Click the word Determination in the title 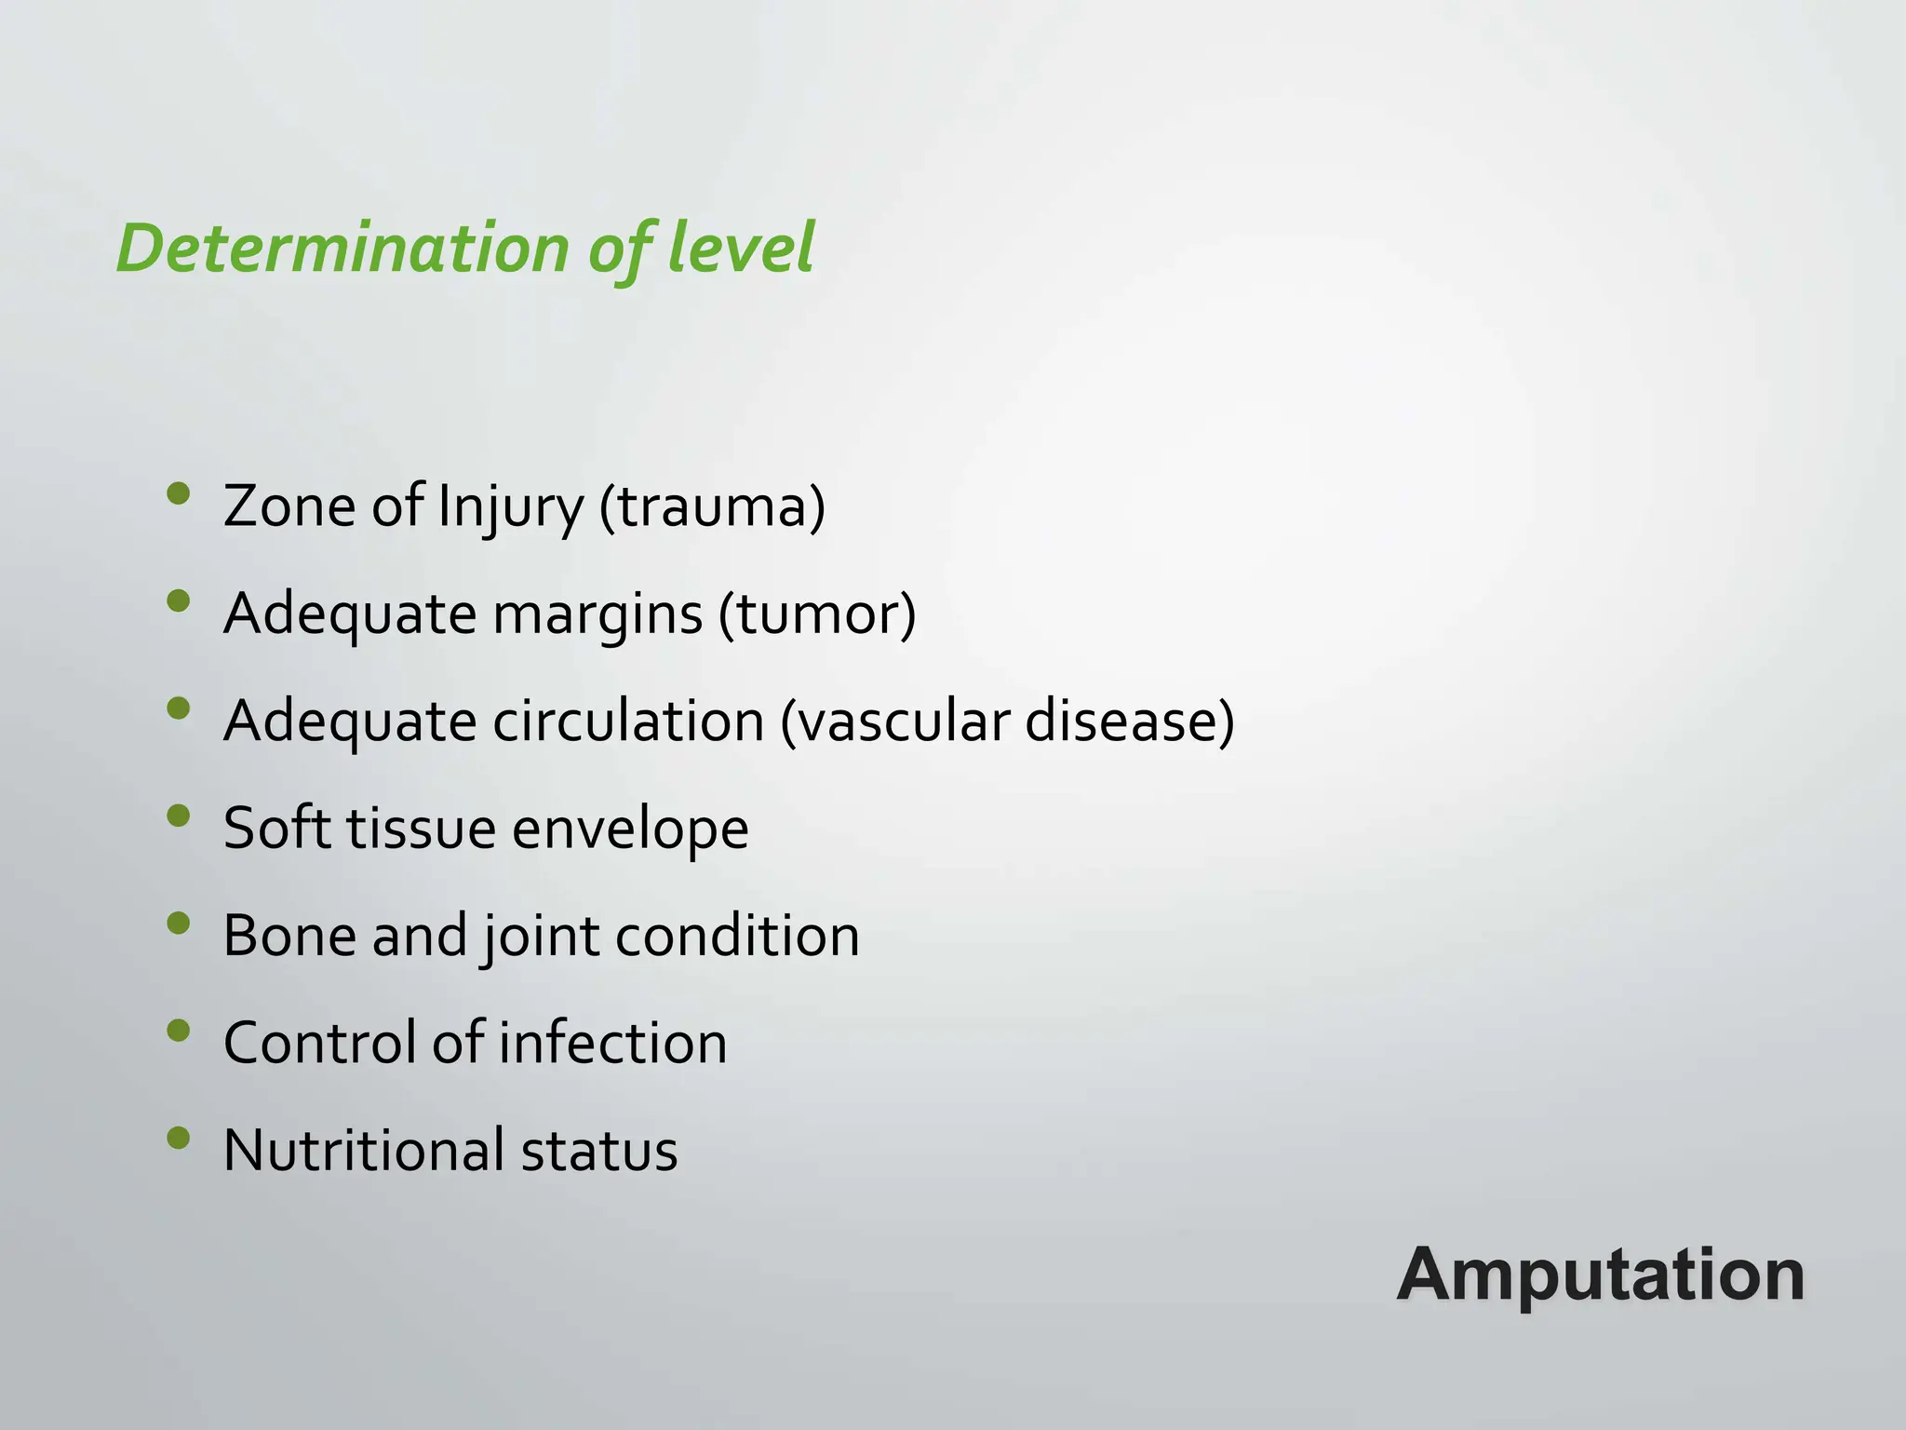[x=342, y=249]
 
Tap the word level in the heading [x=741, y=249]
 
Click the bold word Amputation [x=1601, y=1275]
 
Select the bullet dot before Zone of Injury [x=179, y=493]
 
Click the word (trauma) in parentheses [x=712, y=507]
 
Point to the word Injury [x=510, y=507]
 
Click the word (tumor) [x=817, y=614]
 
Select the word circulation [x=628, y=722]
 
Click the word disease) [x=1130, y=722]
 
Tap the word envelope [x=630, y=829]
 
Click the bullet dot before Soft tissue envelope [x=179, y=816]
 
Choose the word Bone [x=289, y=936]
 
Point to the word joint [x=541, y=936]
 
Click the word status [x=599, y=1150]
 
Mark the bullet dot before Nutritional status [x=179, y=1138]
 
